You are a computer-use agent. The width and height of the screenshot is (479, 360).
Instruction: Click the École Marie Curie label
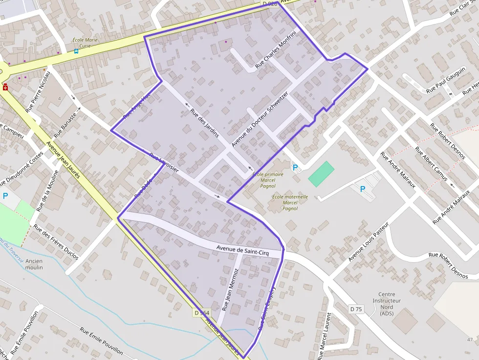tap(85, 42)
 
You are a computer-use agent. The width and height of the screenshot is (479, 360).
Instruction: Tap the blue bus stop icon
tap(76, 51)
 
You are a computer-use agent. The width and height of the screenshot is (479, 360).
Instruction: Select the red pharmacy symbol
tap(5, 87)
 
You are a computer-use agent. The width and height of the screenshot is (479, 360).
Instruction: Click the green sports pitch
tap(321, 174)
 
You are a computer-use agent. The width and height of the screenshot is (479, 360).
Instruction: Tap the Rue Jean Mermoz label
tap(230, 290)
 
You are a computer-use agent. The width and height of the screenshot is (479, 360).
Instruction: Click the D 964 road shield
tap(201, 313)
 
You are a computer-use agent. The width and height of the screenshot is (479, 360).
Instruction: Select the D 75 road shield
tap(356, 309)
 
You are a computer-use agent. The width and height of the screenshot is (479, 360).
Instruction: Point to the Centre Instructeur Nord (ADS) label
tap(386, 304)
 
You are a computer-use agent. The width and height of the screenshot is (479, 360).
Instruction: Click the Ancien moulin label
tap(34, 264)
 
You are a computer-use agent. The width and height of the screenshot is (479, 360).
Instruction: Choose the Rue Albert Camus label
tap(431, 164)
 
